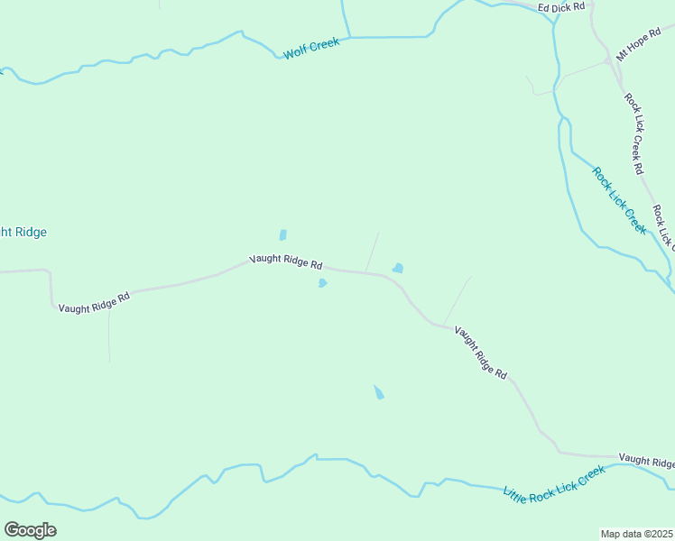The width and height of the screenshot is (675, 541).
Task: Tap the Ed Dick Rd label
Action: [561, 7]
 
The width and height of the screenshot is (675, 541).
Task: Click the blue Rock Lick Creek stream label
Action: [619, 201]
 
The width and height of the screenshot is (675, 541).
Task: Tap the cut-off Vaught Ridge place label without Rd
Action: [23, 233]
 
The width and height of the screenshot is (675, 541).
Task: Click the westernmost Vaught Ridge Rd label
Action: [94, 301]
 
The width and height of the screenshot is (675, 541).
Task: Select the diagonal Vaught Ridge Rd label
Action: [480, 352]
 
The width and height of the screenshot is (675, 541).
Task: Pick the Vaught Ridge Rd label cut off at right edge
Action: [646, 462]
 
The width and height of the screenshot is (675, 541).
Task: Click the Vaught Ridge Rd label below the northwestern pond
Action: [286, 261]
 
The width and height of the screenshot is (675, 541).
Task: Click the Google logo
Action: [30, 530]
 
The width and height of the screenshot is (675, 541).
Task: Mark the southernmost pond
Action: [379, 392]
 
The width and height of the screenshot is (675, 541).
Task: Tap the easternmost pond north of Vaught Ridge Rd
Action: [397, 268]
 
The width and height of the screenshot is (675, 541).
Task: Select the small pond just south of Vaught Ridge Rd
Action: [322, 283]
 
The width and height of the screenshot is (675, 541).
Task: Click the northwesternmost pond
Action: [282, 235]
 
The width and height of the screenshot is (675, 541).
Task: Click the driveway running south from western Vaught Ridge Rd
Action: [109, 334]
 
